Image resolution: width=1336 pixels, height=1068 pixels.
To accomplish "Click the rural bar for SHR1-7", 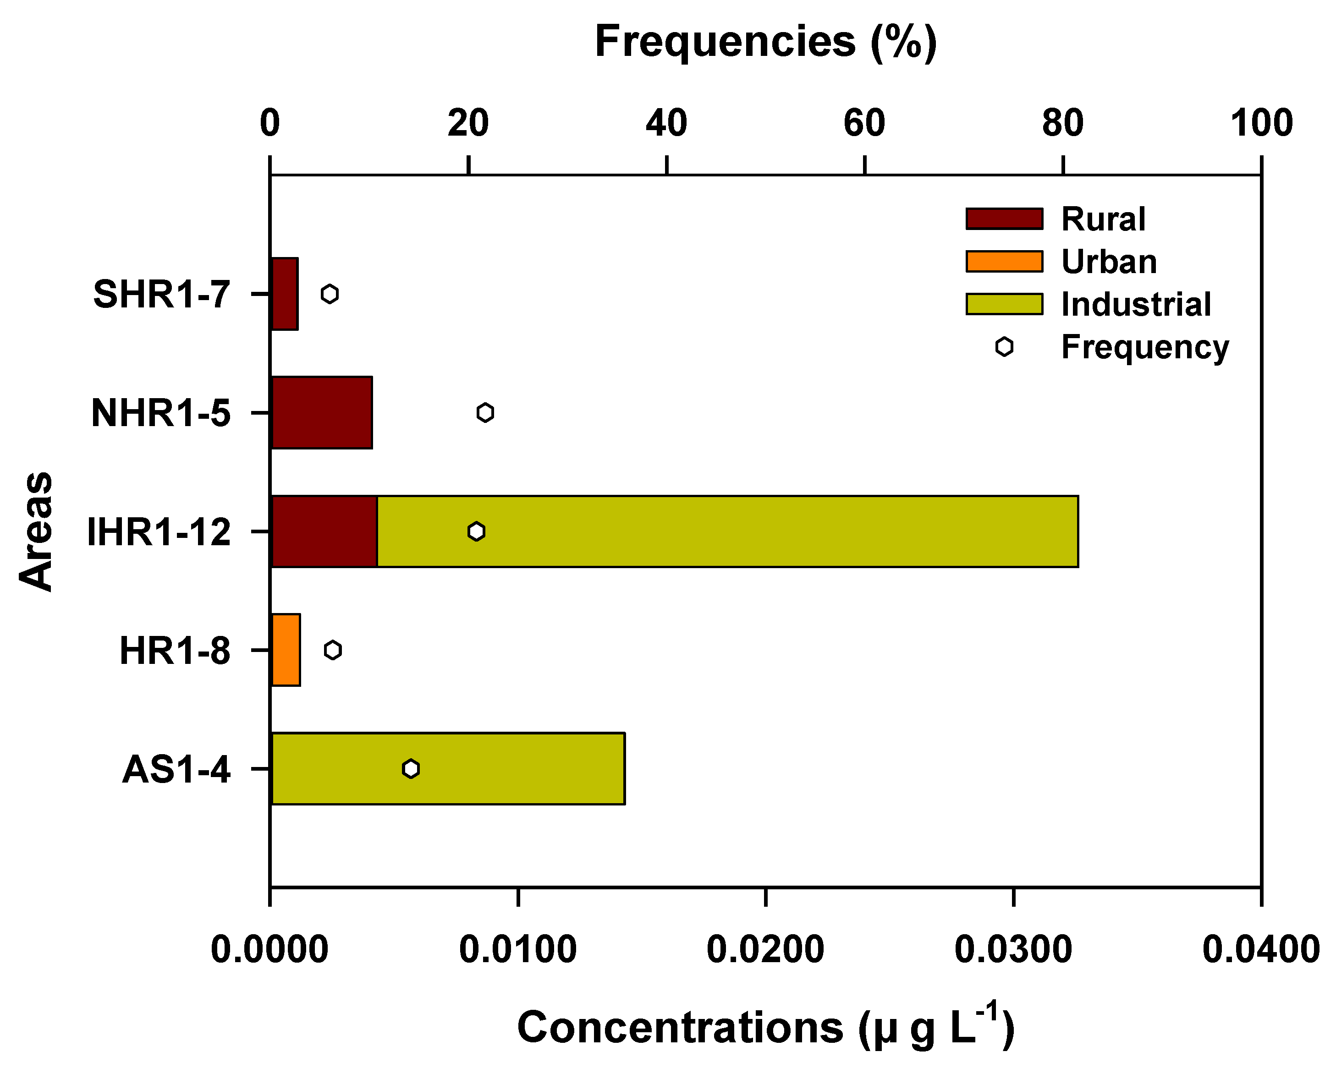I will [x=285, y=294].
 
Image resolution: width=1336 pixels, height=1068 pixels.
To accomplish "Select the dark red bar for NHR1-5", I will [x=322, y=412].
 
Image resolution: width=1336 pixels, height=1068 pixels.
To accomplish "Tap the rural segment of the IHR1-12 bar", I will [x=324, y=531].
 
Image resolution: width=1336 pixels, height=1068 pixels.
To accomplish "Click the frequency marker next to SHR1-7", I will [x=330, y=294].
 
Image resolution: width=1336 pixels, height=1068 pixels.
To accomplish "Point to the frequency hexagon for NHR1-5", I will [x=485, y=412].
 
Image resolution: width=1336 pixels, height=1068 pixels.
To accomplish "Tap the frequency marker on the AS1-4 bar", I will [x=411, y=769].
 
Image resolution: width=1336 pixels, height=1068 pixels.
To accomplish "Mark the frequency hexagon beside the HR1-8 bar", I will [x=333, y=650].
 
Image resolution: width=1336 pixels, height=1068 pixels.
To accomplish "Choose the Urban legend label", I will [x=1109, y=262].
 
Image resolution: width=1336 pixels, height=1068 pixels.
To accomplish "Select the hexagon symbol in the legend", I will [x=1005, y=347].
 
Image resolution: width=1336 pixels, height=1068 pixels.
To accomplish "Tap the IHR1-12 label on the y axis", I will [x=159, y=531].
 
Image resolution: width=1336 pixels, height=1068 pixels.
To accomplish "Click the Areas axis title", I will [x=36, y=531].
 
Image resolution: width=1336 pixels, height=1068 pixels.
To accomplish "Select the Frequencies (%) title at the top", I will [x=766, y=42].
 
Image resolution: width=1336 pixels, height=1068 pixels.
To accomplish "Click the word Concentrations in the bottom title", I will [x=680, y=1027].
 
